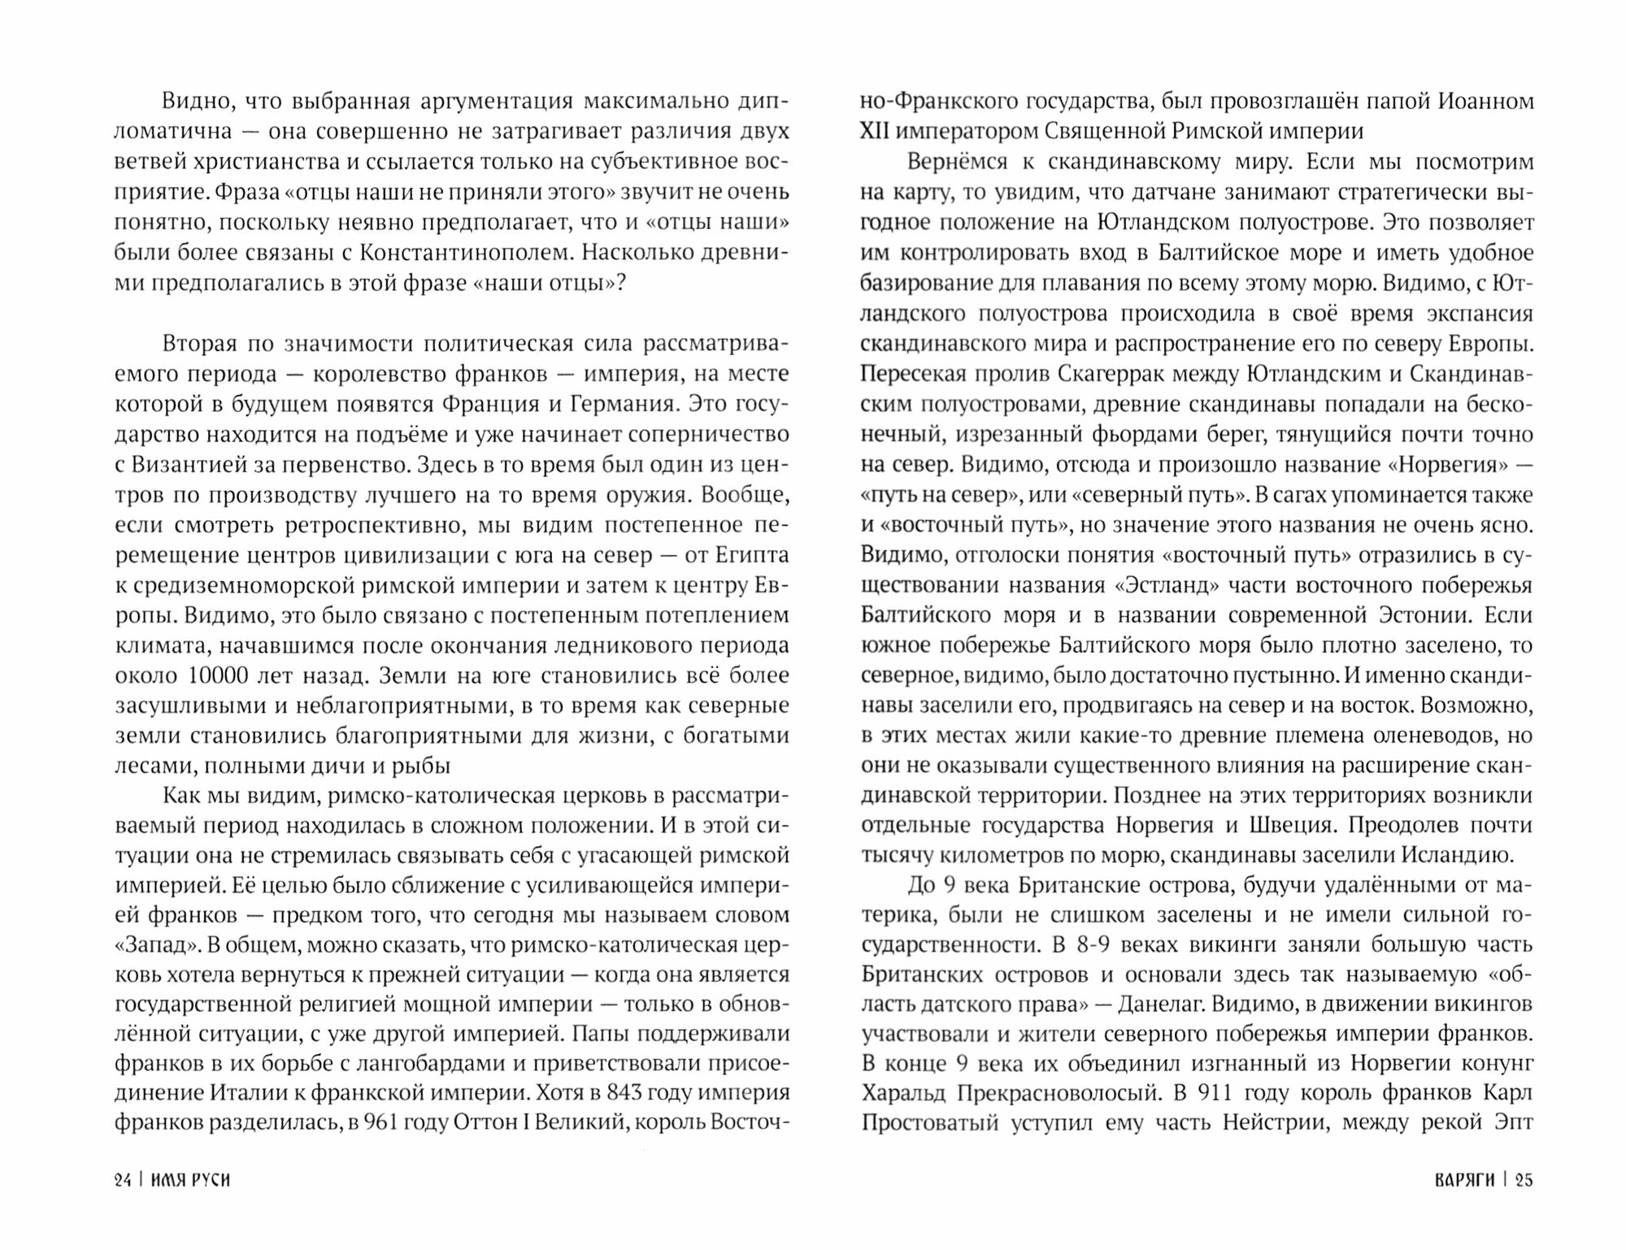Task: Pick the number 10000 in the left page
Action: click(x=220, y=675)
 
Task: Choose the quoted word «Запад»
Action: click(x=158, y=945)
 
